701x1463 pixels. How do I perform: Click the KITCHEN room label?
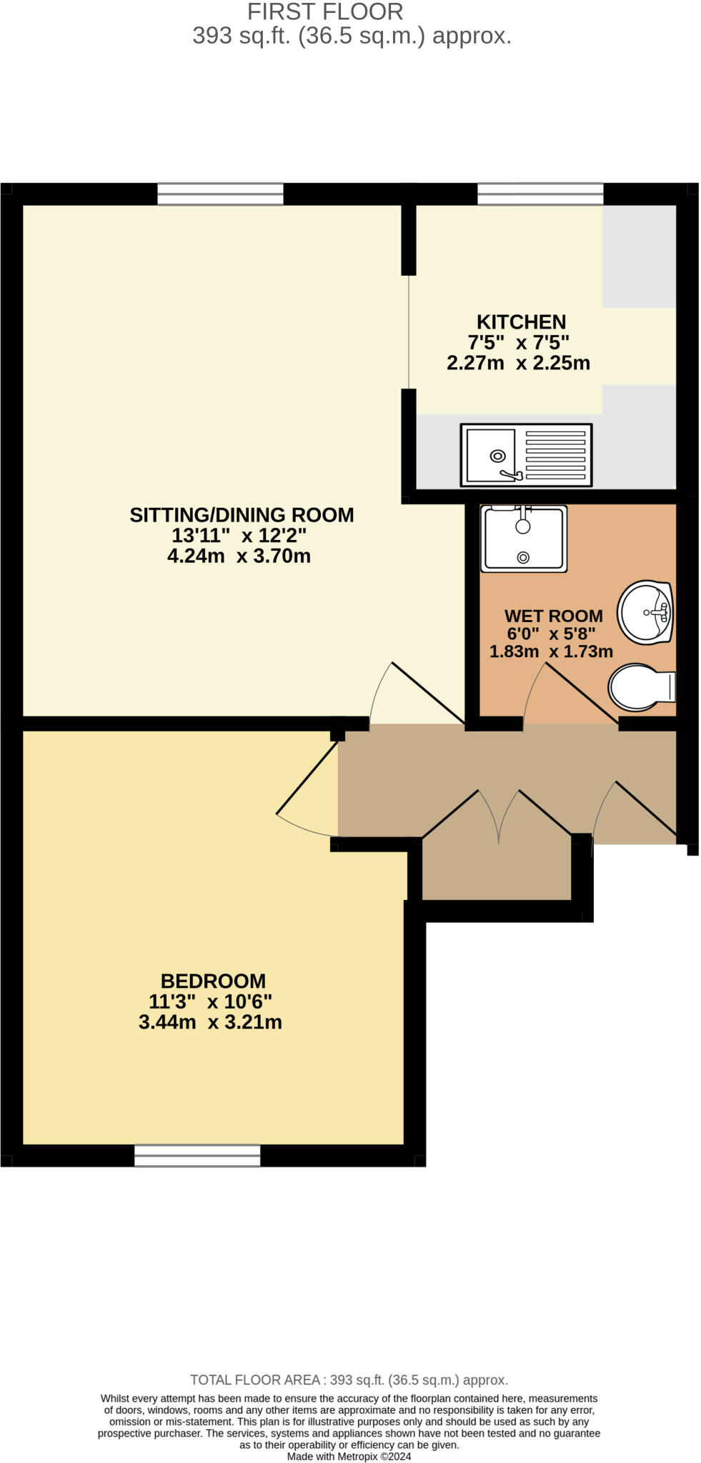pyautogui.click(x=521, y=322)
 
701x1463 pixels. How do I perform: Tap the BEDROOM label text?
pyautogui.click(x=213, y=982)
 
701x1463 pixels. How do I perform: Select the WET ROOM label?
pyautogui.click(x=553, y=616)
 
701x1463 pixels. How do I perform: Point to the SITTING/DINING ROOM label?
pyautogui.click(x=242, y=515)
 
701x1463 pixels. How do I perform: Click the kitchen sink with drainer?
pyautogui.click(x=526, y=455)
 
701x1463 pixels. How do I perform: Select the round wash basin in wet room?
pyautogui.click(x=645, y=611)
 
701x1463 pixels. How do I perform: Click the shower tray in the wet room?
pyautogui.click(x=523, y=539)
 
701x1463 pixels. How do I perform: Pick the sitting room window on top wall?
pyautogui.click(x=220, y=194)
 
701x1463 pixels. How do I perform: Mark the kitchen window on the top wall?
pyautogui.click(x=540, y=194)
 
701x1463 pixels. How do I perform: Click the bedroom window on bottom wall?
pyautogui.click(x=197, y=1155)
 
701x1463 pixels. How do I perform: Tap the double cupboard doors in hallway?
pyautogui.click(x=498, y=814)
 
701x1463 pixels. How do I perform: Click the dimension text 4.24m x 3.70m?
pyautogui.click(x=239, y=556)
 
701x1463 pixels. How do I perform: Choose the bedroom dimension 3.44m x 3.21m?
pyautogui.click(x=210, y=1022)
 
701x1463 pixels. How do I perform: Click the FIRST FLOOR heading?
pyautogui.click(x=325, y=11)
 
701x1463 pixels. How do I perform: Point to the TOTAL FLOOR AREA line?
pyautogui.click(x=349, y=1380)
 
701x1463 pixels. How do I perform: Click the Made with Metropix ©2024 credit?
pyautogui.click(x=349, y=1457)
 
